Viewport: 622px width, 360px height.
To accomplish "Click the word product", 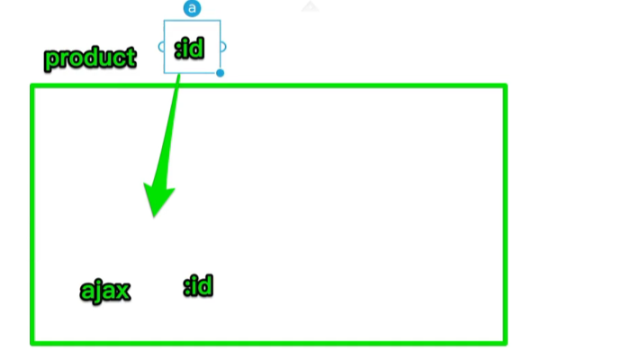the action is [x=90, y=59].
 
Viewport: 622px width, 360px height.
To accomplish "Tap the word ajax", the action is [x=105, y=291].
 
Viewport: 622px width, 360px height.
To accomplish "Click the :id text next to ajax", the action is [x=198, y=287].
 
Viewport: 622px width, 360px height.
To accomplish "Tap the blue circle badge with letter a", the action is [x=192, y=8].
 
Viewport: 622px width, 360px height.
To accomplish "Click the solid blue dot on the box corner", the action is [x=220, y=73].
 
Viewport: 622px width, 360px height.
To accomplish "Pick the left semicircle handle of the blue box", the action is [x=161, y=47].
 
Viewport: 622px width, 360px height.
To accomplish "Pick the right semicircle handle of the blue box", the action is [x=223, y=47].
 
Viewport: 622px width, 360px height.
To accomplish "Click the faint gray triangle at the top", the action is [x=310, y=6].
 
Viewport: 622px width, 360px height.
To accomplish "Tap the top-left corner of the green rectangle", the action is [x=33, y=86].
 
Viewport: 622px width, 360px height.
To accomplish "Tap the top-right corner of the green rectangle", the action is [x=504, y=86].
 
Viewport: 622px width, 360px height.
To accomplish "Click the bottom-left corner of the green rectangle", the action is [x=33, y=341].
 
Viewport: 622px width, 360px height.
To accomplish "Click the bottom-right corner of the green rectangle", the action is [x=504, y=341].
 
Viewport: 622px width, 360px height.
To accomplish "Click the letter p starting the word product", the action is [x=51, y=60].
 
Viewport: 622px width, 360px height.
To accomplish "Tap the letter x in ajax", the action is [x=124, y=291].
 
